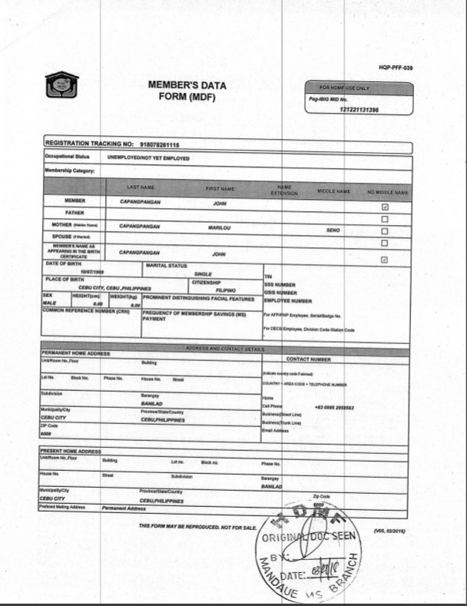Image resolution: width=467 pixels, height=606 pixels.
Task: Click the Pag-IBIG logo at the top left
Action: (62, 82)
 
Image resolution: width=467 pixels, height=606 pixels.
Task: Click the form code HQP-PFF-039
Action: (396, 69)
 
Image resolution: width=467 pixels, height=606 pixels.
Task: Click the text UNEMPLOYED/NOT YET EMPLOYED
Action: (148, 158)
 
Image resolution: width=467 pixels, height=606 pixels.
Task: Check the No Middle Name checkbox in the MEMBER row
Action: (385, 207)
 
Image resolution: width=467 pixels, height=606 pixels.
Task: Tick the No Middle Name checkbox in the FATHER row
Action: (385, 219)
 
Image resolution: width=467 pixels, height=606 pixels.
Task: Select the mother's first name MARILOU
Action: (220, 228)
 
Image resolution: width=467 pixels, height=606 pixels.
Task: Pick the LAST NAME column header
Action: (141, 187)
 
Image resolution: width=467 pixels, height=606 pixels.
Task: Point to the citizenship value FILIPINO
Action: (225, 291)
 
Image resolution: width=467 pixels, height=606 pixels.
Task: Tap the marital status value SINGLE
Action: (203, 274)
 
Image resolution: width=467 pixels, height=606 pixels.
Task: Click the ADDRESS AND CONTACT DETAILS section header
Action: (225, 349)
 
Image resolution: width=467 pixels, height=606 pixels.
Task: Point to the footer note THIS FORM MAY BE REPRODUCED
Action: (197, 526)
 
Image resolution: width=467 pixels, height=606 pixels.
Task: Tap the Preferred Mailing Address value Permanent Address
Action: (124, 508)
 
